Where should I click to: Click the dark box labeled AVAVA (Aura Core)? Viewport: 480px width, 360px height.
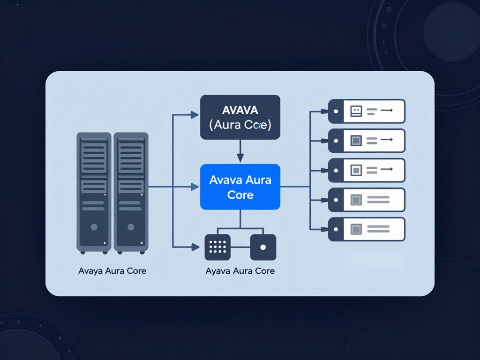click(x=240, y=117)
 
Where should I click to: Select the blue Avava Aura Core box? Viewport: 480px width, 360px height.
click(x=240, y=187)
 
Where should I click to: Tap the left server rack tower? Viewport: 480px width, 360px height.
click(x=94, y=192)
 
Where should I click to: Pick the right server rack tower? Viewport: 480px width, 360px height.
click(x=131, y=192)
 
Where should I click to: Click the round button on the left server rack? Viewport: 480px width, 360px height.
click(x=94, y=227)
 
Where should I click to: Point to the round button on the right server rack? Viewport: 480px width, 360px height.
click(x=131, y=227)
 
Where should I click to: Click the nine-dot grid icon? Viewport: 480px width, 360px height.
click(x=217, y=247)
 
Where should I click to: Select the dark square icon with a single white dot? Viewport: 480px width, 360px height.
click(x=263, y=247)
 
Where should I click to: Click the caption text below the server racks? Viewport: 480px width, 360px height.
click(x=112, y=271)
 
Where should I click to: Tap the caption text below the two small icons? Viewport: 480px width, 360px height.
click(x=240, y=271)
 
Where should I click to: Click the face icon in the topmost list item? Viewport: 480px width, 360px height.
click(x=356, y=111)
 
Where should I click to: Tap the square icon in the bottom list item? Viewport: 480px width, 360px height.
click(x=356, y=229)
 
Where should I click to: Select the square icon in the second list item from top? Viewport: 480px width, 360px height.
click(x=356, y=140)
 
